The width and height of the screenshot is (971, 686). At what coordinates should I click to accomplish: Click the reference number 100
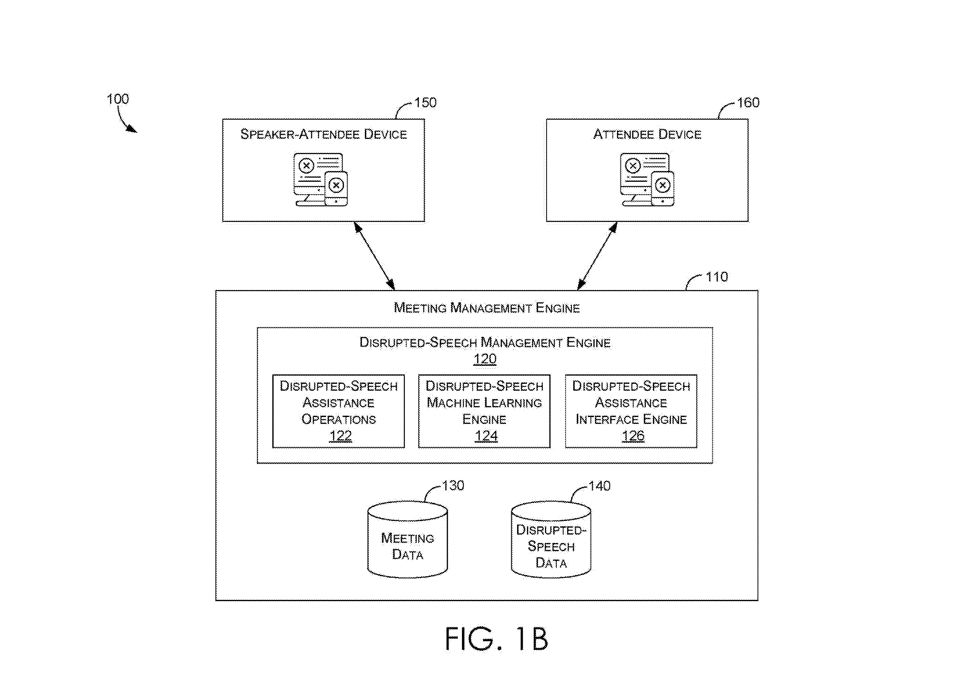(118, 99)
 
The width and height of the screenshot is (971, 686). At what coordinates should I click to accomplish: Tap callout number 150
(425, 103)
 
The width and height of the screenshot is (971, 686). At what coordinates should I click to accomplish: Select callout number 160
(748, 103)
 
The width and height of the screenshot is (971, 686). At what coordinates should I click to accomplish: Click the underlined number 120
(485, 359)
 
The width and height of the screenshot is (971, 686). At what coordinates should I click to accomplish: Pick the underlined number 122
(340, 436)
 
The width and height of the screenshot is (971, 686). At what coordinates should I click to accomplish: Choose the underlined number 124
(486, 436)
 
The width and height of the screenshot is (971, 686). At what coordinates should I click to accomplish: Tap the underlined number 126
(633, 436)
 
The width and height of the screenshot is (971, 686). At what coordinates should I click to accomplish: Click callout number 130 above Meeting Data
(453, 486)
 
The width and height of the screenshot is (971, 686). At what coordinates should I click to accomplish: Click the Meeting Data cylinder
(408, 540)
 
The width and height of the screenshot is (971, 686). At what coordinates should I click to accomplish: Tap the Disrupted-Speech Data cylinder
(551, 540)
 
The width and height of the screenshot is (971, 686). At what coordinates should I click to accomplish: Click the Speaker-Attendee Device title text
(323, 134)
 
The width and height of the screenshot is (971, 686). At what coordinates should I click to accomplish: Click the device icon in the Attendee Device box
(647, 180)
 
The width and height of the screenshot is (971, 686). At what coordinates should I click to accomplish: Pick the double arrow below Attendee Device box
(597, 256)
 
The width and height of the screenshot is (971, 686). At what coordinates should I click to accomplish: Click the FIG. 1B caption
(497, 639)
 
